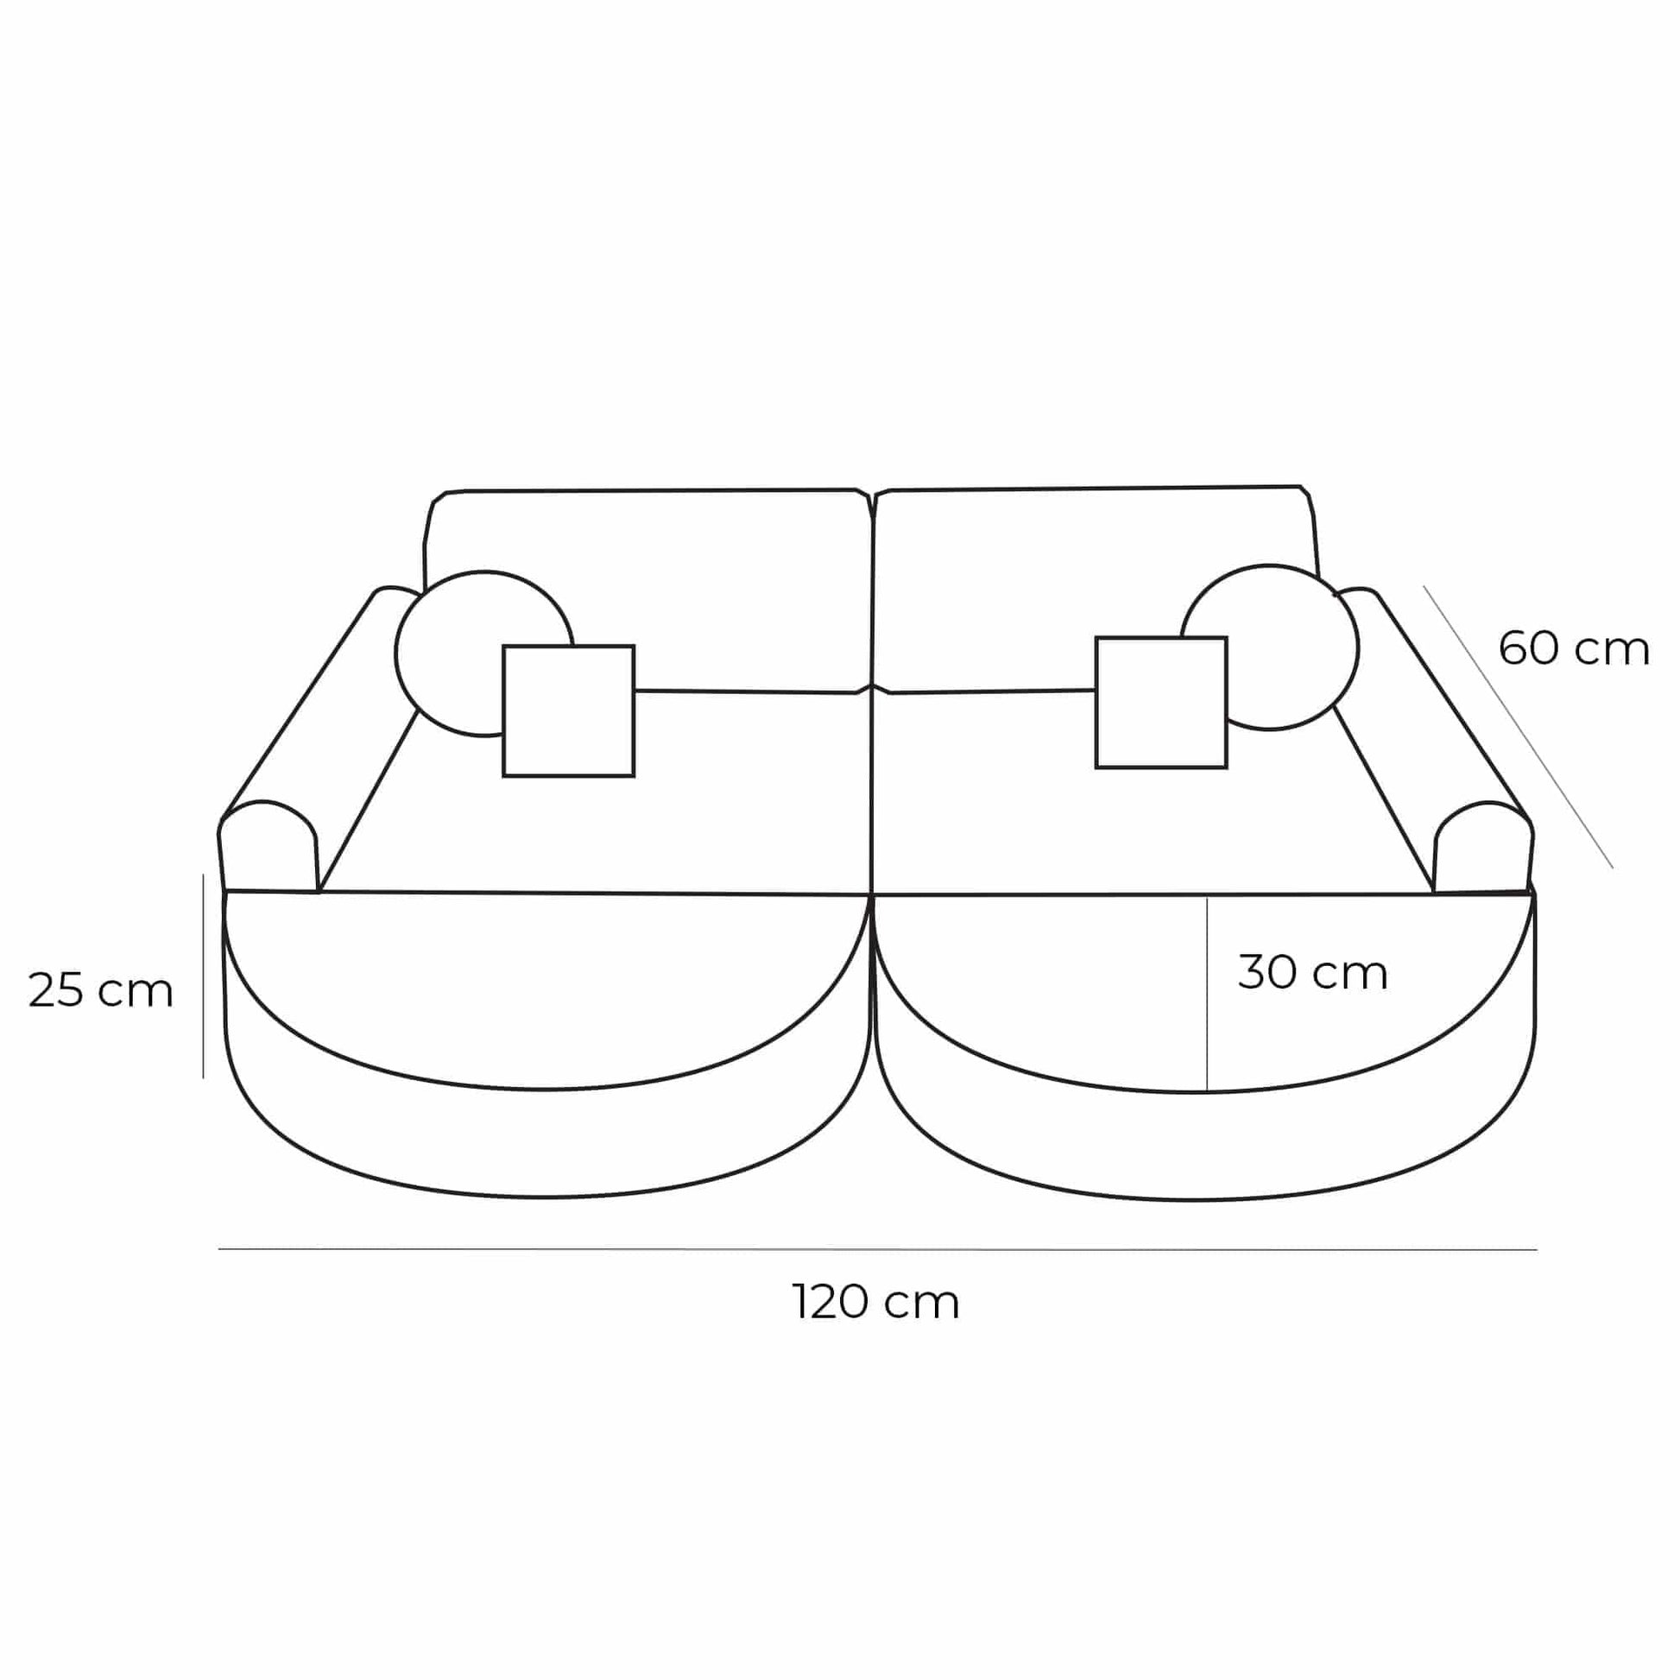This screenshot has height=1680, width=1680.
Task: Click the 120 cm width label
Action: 875,1303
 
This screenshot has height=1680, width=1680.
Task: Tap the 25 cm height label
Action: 101,990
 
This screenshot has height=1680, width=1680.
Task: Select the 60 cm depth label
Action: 1573,648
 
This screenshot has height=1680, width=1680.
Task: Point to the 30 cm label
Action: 1312,973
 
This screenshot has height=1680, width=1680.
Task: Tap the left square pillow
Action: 569,711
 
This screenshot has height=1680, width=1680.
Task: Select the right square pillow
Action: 1161,703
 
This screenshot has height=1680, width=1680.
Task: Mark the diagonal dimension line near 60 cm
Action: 1518,726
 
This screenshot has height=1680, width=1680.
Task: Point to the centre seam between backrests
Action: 871,591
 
